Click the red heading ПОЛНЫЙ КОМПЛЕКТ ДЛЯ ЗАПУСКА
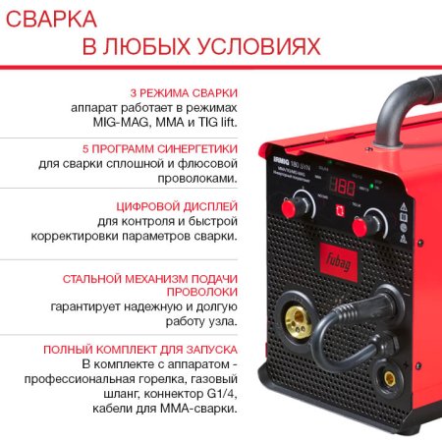pos(140,350)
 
